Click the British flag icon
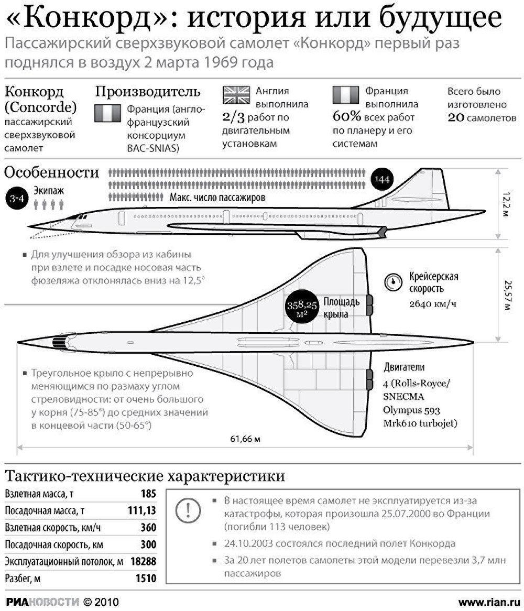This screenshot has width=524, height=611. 236,95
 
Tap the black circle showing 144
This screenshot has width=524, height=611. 382,179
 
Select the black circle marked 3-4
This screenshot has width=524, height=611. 17,199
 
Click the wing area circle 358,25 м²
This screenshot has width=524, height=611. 302,308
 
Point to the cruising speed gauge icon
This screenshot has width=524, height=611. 393,282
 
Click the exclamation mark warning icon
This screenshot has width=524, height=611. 188,510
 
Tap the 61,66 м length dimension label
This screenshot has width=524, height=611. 245,439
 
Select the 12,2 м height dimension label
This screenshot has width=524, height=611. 506,204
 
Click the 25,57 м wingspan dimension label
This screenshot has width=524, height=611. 507,295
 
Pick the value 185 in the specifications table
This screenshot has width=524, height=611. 148,494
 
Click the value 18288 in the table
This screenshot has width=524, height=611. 144,562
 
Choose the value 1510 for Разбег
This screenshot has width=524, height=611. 146,579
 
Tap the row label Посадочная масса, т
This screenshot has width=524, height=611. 45,511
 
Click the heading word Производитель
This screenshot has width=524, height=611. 148,92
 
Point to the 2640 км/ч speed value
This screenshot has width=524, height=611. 432,304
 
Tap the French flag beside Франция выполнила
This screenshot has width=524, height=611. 345,95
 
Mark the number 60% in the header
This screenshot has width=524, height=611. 347,117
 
